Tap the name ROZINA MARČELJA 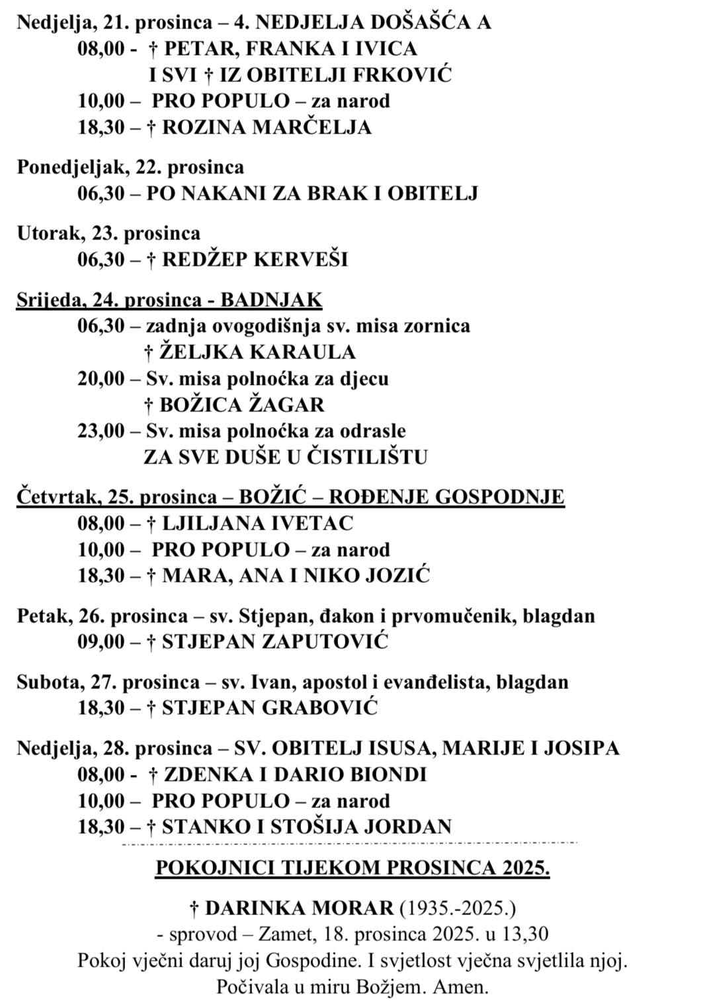[267, 127]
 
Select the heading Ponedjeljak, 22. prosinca [130, 167]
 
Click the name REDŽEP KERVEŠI [255, 259]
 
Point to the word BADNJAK [271, 300]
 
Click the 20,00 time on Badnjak [101, 378]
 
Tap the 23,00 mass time [101, 431]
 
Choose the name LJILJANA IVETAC [258, 523]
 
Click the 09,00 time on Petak [101, 641]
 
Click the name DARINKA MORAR [299, 908]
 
